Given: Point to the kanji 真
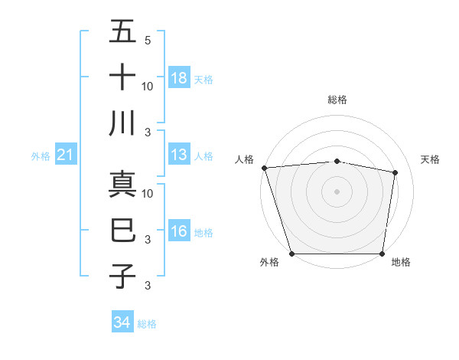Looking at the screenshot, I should (123, 185).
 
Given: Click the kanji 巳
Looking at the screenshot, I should (123, 230).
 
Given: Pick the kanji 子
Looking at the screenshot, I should (123, 276).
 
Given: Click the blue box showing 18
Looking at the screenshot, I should (179, 78).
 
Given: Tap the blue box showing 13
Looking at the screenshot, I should (179, 155).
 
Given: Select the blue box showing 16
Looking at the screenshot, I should (179, 232).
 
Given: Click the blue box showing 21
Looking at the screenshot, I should (66, 155).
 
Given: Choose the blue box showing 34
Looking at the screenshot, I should (122, 323).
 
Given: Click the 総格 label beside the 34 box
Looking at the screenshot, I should (147, 324).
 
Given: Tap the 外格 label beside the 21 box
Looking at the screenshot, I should (41, 156).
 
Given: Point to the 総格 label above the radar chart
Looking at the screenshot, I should (337, 100).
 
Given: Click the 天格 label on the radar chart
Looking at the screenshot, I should (430, 159).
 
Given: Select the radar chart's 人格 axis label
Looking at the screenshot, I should (244, 159).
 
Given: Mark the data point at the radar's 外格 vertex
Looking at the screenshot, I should (291, 254).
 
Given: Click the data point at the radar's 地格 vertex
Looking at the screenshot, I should (382, 254).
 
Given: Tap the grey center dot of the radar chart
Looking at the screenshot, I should (337, 191).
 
